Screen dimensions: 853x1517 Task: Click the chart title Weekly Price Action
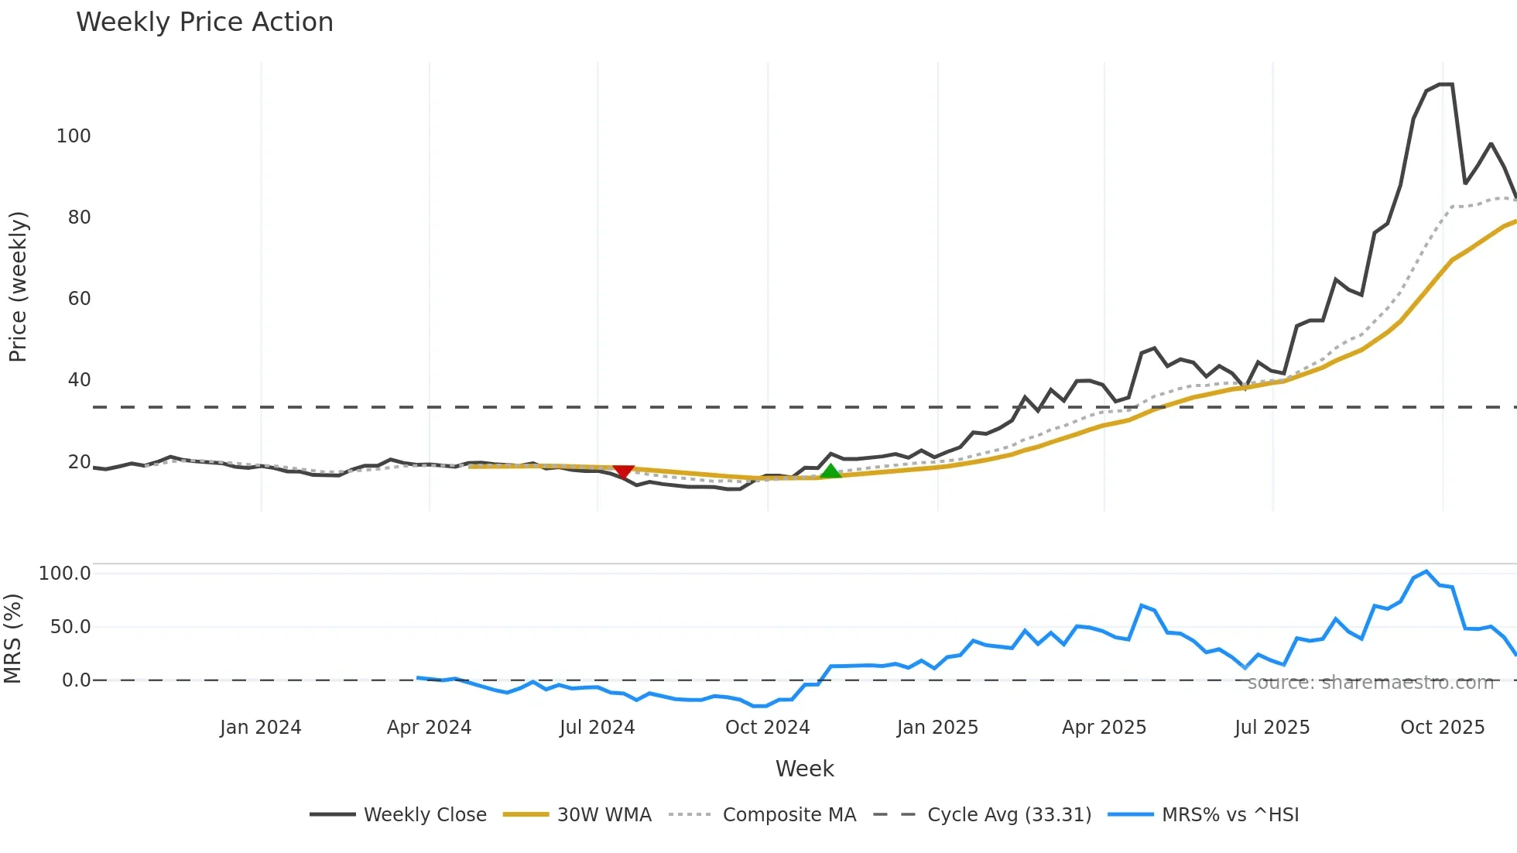click(204, 22)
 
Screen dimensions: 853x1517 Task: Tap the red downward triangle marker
click(623, 471)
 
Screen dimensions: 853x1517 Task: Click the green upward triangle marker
click(830, 471)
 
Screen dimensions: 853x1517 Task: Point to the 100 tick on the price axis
click(74, 136)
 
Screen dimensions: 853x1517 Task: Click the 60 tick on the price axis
click(79, 299)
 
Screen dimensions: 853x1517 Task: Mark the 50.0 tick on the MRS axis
click(70, 627)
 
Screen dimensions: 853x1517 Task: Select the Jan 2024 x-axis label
click(261, 728)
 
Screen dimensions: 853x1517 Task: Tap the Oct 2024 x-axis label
click(767, 728)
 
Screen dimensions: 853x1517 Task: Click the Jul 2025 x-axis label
click(1272, 728)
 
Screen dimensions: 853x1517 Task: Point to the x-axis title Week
click(804, 769)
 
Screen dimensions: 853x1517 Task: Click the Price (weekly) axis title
click(18, 286)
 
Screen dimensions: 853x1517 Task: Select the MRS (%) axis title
click(13, 639)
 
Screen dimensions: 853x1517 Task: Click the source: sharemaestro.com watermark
click(1370, 683)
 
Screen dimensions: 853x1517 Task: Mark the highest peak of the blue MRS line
click(1426, 571)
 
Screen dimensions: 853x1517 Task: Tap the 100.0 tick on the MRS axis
click(65, 574)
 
